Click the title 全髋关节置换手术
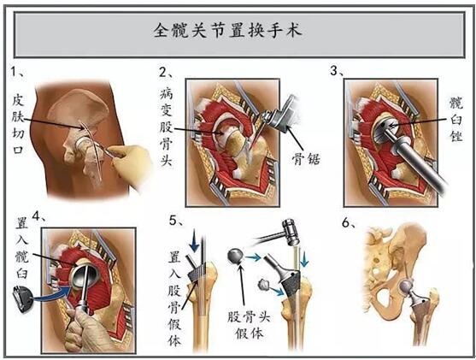point(227,31)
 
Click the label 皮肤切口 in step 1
point(18,124)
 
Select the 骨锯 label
point(306,158)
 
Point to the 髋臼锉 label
point(456,120)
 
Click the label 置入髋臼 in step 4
point(22,248)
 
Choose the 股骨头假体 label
point(250,325)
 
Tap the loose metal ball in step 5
point(236,256)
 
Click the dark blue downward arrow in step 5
point(194,241)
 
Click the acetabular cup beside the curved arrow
point(22,300)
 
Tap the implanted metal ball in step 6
point(406,286)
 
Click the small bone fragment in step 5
point(263,285)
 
